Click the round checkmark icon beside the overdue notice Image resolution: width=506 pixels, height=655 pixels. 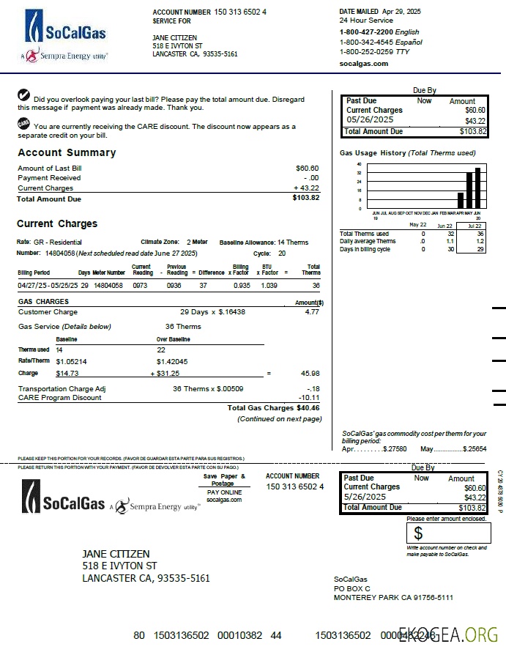point(23,95)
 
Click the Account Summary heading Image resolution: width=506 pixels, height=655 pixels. point(67,153)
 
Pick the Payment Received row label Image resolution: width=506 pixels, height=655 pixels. point(49,178)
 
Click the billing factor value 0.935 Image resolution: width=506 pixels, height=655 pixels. point(242,285)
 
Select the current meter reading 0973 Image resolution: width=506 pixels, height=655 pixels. point(140,285)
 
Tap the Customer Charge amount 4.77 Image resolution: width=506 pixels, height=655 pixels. point(312,312)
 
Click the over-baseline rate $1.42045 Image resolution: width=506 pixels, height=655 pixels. point(173,361)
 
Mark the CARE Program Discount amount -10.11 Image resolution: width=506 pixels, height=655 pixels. point(309,398)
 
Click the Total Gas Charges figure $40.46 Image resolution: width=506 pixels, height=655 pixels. point(308,408)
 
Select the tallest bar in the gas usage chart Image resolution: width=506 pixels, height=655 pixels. point(477,188)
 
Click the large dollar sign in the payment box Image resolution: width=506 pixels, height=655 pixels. point(418,533)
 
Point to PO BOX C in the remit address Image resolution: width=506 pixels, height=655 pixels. point(352,588)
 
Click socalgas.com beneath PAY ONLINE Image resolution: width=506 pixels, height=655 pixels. point(223,500)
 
